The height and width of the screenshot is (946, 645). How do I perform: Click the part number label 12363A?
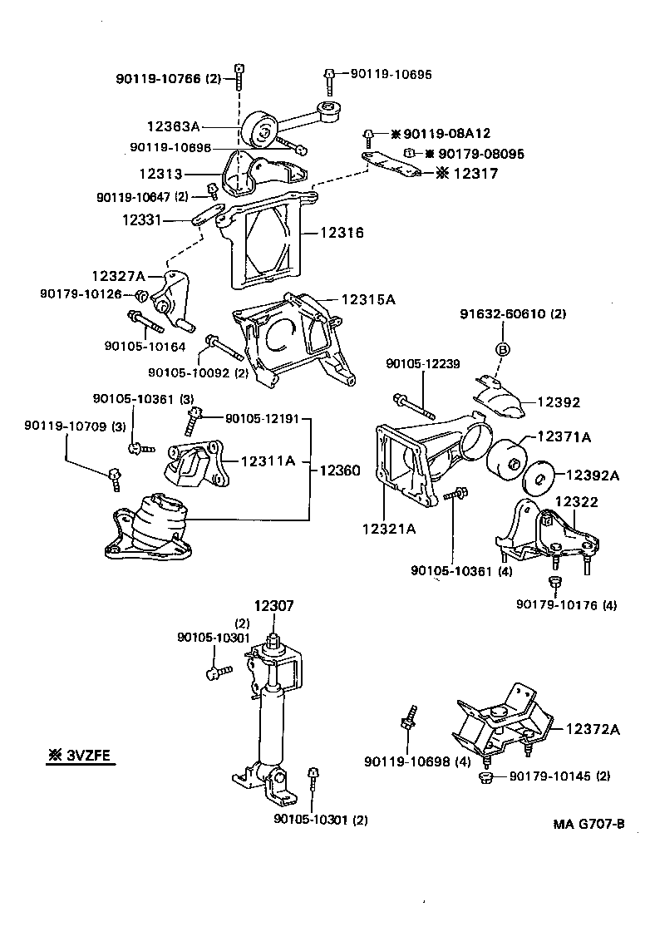pyautogui.click(x=174, y=127)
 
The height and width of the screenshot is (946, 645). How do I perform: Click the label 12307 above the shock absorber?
pyautogui.click(x=273, y=608)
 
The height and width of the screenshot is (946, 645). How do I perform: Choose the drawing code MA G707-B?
pyautogui.click(x=588, y=825)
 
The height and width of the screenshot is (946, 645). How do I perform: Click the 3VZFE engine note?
pyautogui.click(x=80, y=756)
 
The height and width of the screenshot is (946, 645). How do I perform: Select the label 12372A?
pyautogui.click(x=593, y=729)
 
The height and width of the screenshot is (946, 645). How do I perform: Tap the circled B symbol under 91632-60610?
pyautogui.click(x=502, y=349)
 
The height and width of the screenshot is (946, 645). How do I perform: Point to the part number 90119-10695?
pyautogui.click(x=391, y=75)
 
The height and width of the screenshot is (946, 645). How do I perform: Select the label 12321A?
pyautogui.click(x=389, y=528)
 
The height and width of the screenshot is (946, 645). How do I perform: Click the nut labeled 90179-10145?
pyautogui.click(x=488, y=777)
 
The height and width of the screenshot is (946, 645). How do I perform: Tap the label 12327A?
pyautogui.click(x=119, y=275)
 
